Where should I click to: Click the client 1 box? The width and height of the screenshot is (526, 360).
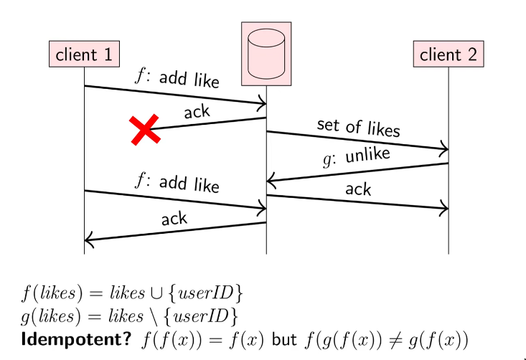84,54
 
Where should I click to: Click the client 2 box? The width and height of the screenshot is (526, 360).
448,54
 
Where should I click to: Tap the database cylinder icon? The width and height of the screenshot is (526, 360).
266,52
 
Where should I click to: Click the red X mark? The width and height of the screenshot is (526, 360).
144,130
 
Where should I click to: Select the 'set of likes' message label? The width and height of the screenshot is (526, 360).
358,127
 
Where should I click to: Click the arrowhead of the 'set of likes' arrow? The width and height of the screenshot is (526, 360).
443,149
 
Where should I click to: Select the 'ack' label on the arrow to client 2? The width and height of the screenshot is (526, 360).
358,189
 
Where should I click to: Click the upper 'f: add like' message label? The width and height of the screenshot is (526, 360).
177,77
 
